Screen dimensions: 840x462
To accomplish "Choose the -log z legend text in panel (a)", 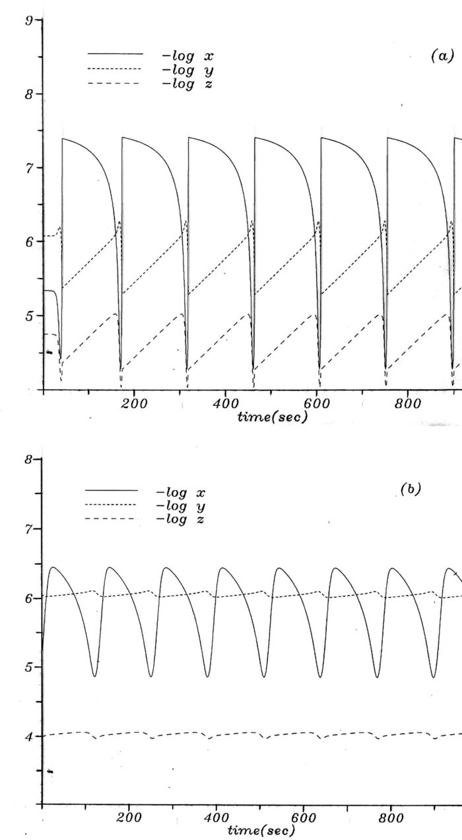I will pos(187,84).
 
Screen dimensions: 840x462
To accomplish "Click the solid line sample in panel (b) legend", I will pos(112,491).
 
